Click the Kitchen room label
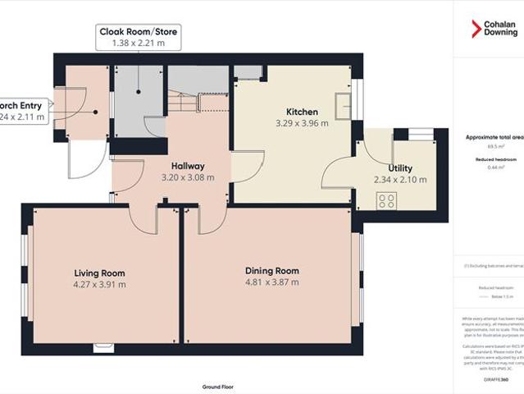pos(302,112)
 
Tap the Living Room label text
pos(99,273)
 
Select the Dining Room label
pos(272,270)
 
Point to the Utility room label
pos(400,167)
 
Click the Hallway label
pos(188,165)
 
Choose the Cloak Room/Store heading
pos(138,31)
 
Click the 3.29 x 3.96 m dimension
pos(301,124)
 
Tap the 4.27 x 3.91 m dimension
pos(99,285)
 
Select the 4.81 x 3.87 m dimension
pos(271,282)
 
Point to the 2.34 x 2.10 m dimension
pos(400,180)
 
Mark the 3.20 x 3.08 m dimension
pos(188,177)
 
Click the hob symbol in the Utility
pos(386,200)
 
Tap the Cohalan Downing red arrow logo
pos(476,28)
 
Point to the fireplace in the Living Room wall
pos(104,347)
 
